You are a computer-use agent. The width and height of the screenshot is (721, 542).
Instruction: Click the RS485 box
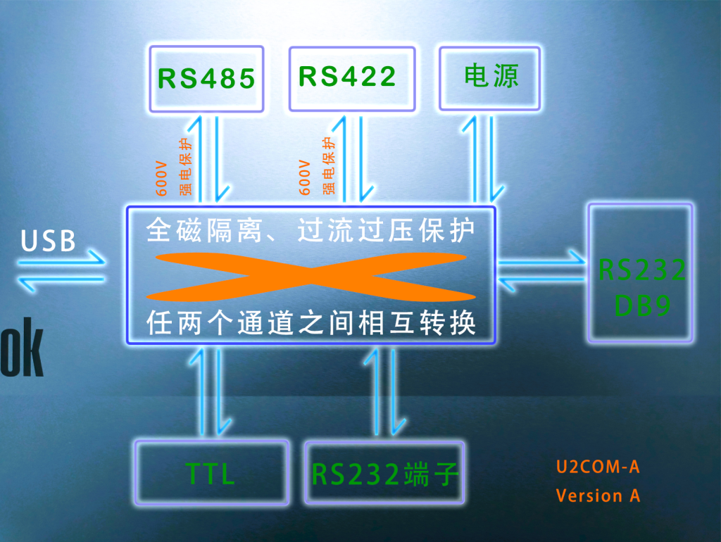point(206,79)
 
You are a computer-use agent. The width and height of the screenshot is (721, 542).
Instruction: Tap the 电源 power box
point(491,77)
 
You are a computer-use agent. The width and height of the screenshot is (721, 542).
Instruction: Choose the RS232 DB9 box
point(641,274)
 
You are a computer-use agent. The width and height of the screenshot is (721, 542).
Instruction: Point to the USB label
point(48,241)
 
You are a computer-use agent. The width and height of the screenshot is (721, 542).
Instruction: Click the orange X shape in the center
point(311,275)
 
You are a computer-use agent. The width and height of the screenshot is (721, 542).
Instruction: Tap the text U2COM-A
point(597,467)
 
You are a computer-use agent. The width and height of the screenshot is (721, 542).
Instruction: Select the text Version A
point(598,496)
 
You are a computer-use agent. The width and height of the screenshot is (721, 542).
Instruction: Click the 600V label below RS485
point(161,177)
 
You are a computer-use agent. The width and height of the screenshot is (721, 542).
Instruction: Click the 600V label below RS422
point(305,177)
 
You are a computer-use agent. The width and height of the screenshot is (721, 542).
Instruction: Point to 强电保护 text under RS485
point(186,166)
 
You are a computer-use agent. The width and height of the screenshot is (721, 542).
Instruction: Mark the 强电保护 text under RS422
point(329,166)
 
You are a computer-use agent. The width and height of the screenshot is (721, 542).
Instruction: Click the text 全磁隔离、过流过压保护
point(311,230)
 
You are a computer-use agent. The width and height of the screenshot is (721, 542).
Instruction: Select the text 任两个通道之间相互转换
point(311,323)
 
